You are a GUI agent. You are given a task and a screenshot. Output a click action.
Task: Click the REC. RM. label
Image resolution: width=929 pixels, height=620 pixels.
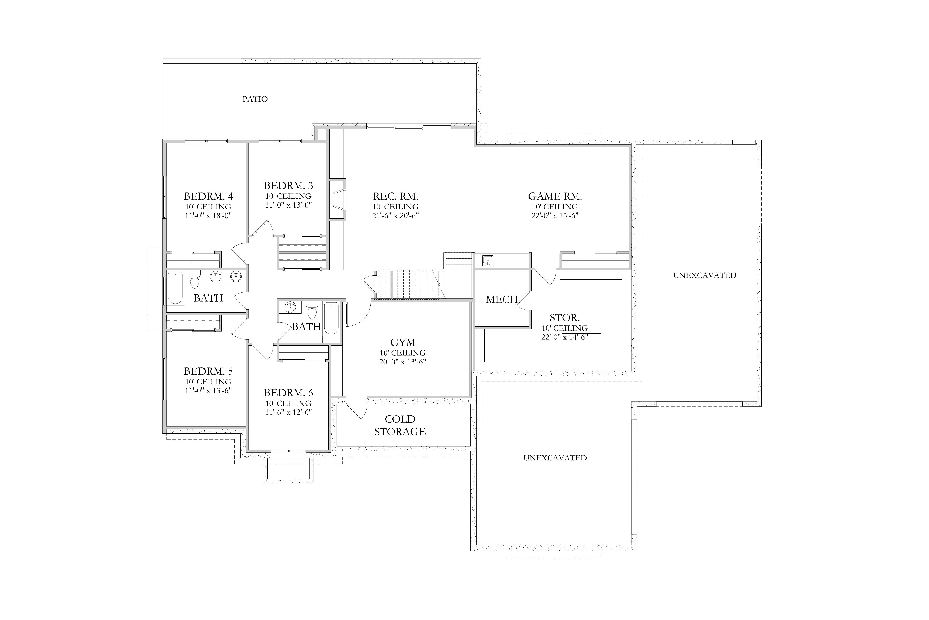coord(395,196)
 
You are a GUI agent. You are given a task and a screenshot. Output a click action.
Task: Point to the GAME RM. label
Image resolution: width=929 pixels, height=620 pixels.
coord(555,196)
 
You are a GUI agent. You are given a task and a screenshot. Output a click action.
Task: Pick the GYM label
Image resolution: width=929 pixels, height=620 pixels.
coord(403,343)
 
